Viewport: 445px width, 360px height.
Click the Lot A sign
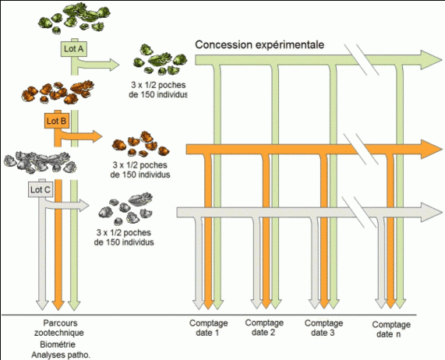[x=74, y=49]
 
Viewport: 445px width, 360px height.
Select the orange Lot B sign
[x=57, y=121]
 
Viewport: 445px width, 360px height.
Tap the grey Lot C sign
[x=41, y=189]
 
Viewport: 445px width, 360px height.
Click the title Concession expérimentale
[x=260, y=45]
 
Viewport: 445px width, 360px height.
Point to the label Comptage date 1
[x=208, y=327]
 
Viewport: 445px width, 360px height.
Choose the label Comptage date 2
[x=264, y=327]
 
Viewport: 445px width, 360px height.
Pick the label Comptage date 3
[x=323, y=327]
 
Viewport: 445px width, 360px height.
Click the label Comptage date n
[x=391, y=329]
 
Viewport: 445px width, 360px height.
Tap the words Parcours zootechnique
[x=59, y=327]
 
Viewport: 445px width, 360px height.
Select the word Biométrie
[x=58, y=344]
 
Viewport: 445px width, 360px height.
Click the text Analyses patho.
[x=61, y=355]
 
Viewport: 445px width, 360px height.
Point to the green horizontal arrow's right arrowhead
[x=431, y=59]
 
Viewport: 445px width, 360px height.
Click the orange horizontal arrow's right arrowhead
[x=431, y=149]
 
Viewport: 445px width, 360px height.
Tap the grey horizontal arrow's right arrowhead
[x=431, y=212]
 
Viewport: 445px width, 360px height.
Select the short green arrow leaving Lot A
[x=98, y=65]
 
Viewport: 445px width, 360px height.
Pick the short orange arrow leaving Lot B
[x=81, y=136]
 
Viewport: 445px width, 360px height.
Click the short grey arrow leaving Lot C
[x=68, y=205]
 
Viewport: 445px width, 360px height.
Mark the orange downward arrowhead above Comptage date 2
[x=267, y=304]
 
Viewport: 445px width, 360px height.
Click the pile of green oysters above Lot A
[x=74, y=19]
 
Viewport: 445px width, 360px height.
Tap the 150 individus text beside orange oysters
[x=140, y=175]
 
